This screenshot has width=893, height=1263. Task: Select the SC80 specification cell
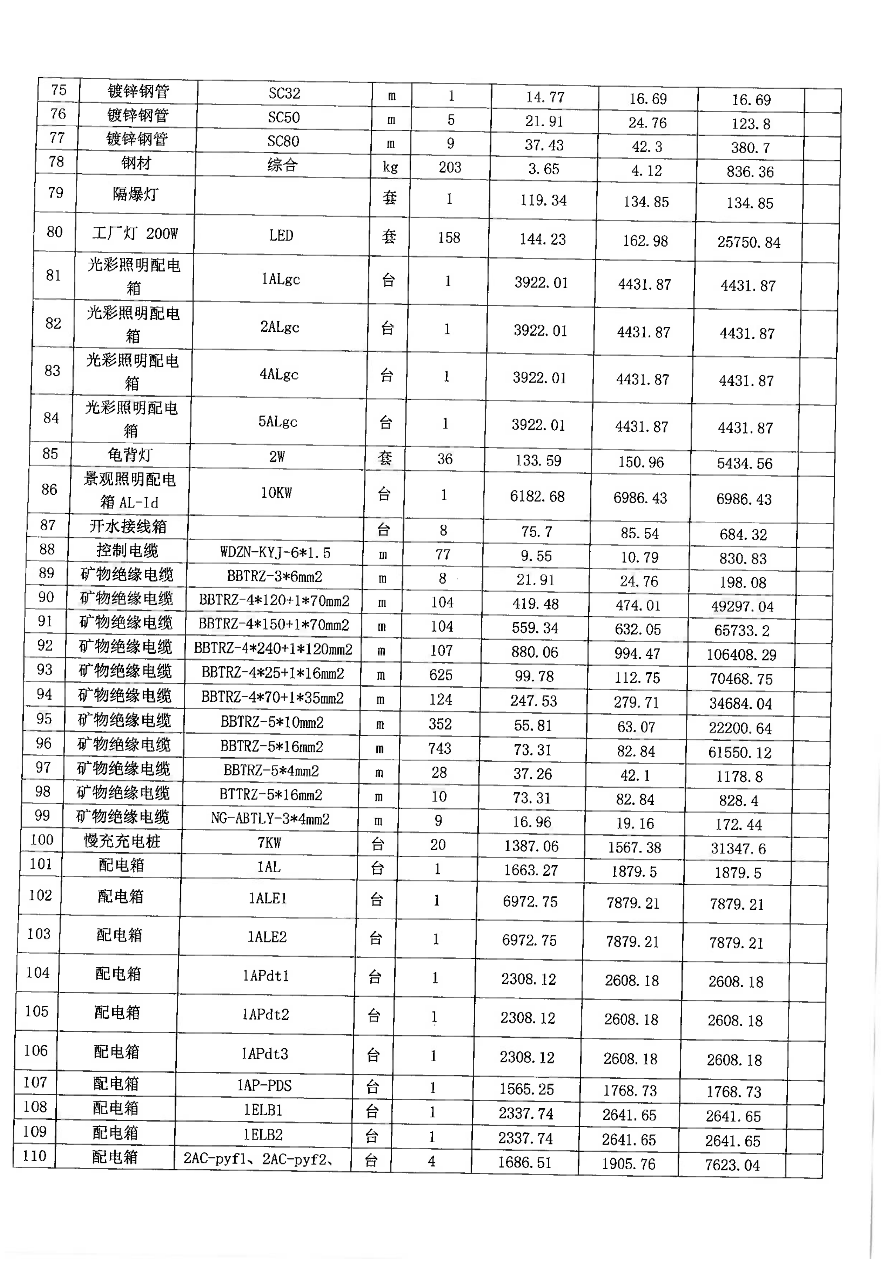(283, 141)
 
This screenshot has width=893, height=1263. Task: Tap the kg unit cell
(390, 167)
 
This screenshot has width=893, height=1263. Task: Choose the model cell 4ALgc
(279, 375)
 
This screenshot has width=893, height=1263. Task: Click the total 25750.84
(748, 242)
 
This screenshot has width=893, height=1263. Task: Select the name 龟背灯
(130, 455)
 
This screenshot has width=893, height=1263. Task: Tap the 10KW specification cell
(276, 493)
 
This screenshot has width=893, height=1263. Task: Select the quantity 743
(440, 748)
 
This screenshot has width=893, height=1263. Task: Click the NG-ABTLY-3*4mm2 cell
(270, 819)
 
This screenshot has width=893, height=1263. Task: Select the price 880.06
(534, 652)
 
